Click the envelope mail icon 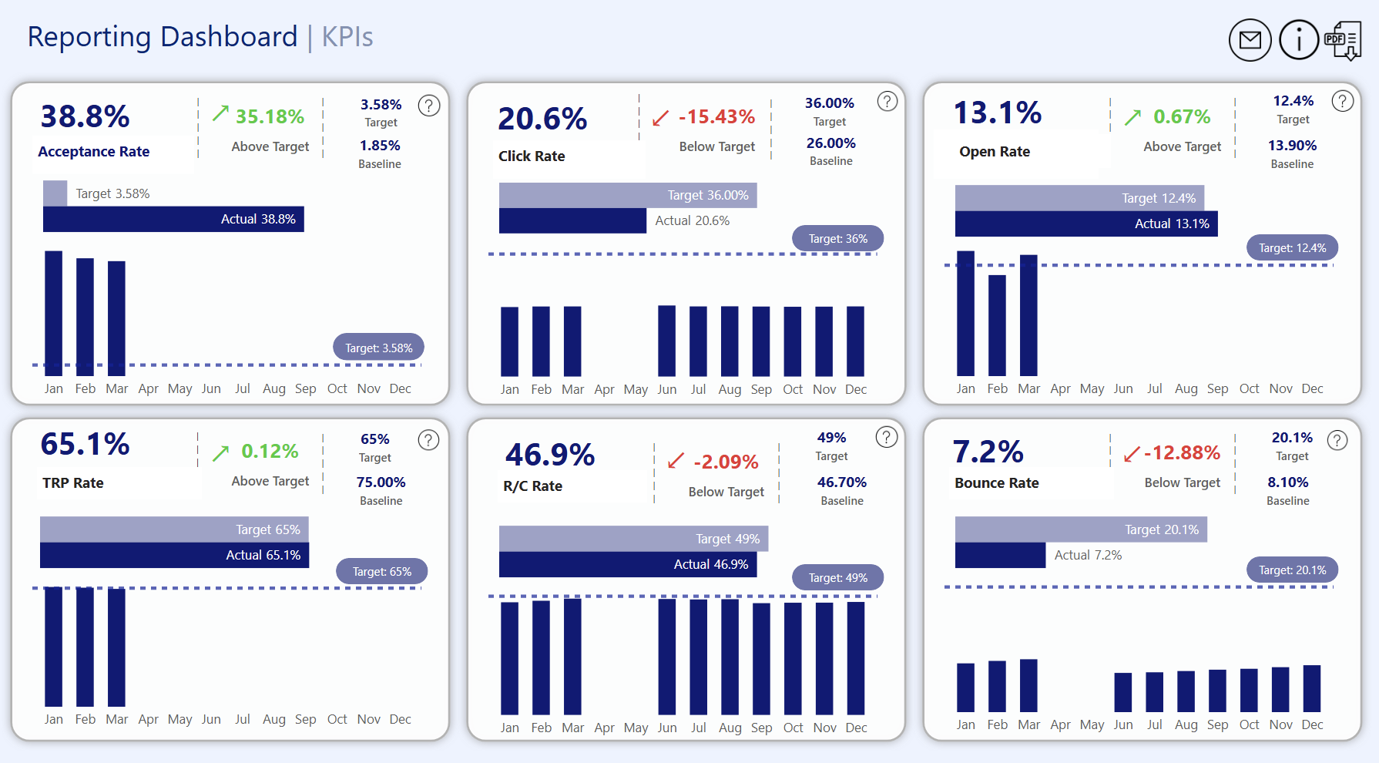point(1250,40)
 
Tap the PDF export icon point(1343,40)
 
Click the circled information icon point(1299,40)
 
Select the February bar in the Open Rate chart point(997,324)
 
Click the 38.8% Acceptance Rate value point(85,116)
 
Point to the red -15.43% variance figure point(716,117)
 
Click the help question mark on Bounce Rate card point(1337,440)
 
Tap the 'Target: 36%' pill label point(837,239)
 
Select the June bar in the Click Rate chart point(666,341)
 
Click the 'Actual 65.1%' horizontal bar point(174,555)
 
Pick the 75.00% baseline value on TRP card point(381,482)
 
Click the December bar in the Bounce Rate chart point(1311,687)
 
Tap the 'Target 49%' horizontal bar point(633,539)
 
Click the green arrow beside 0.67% point(1132,117)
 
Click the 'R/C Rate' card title point(532,486)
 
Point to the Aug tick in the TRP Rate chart point(273,719)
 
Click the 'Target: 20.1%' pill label point(1292,570)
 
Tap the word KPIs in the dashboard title point(347,37)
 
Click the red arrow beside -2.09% point(676,461)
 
